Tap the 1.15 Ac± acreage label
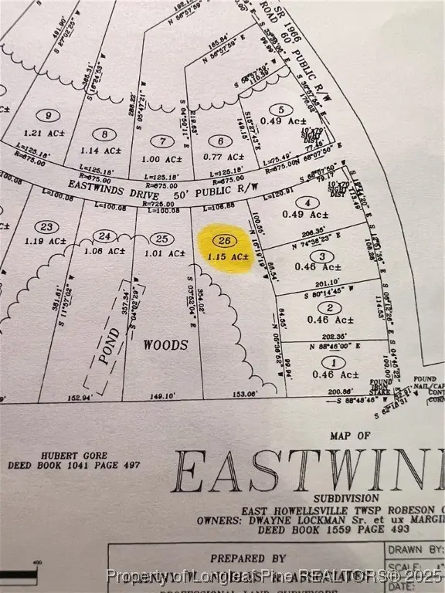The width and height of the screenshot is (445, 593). coord(229,256)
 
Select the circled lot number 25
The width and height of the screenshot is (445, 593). coord(161,238)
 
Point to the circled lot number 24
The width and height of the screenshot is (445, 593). coord(105,236)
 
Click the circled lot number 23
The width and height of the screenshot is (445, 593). coord(47,226)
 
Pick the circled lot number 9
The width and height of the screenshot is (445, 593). coord(53,116)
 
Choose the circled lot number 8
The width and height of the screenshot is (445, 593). coord(98,133)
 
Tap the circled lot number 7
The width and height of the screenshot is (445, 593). coord(161,141)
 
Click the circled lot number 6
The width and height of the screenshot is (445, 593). coord(220,141)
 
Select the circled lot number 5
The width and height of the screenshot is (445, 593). coord(281,110)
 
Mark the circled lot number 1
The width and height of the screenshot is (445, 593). coord(334,362)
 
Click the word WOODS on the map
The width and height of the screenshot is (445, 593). coord(165,345)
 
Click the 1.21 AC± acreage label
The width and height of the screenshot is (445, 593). coord(52,134)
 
